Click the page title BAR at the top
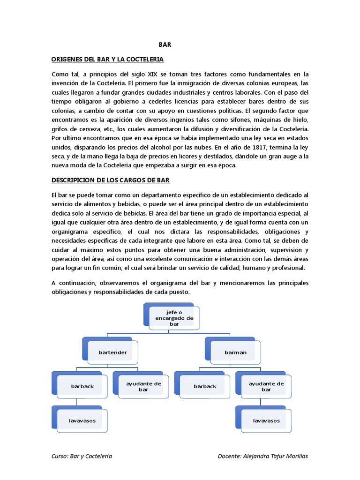coord(165,45)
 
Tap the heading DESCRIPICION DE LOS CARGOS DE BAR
coord(110,180)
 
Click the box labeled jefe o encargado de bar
coord(174,318)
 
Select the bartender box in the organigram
coord(113,352)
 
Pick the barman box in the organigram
coord(236,352)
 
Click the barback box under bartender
coord(82,386)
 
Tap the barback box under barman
coord(205,386)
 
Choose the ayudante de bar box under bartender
coord(137,386)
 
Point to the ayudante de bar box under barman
coord(266,386)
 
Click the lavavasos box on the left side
coord(82,420)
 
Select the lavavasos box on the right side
coord(266,420)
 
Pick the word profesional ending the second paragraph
coord(288,268)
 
